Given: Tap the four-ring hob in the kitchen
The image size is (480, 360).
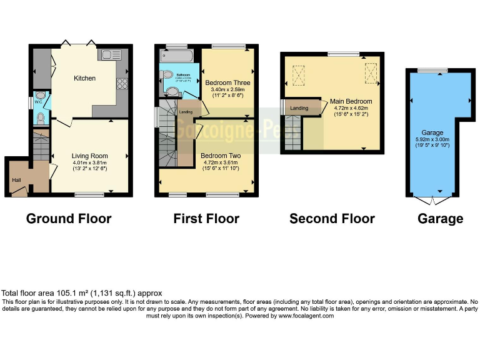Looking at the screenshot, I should (121, 84).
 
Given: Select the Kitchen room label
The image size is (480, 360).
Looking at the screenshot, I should (85, 78).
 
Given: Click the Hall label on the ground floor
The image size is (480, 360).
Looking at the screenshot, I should (16, 180).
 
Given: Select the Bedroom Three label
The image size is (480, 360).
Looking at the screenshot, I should (227, 82).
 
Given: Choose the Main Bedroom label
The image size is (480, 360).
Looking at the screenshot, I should (351, 101).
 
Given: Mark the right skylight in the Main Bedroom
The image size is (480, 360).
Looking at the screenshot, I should (371, 73).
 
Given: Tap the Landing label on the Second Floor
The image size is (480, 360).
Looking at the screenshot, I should (299, 108).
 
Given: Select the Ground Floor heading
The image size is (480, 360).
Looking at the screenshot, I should (69, 219).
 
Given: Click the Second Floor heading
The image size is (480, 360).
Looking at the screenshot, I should (332, 219).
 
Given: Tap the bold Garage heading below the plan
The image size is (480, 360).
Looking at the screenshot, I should (441, 219).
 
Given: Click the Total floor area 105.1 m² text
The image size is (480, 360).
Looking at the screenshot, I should (82, 292).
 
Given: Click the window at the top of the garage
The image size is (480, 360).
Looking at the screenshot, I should (428, 70).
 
